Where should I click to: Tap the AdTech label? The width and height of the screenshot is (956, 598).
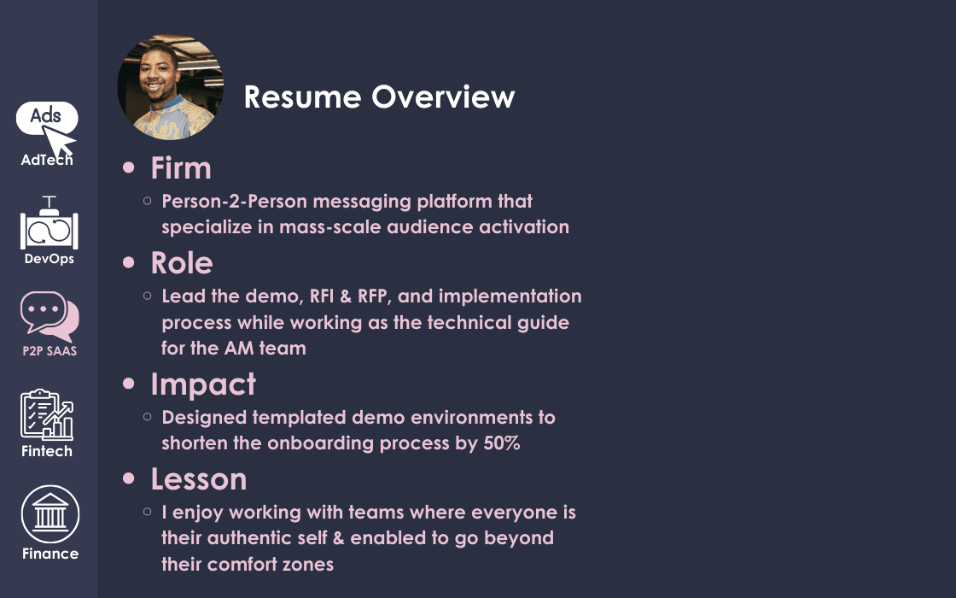coord(47,160)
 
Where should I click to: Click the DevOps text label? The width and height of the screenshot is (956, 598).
coord(50,259)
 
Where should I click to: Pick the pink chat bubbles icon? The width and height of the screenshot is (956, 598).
coord(50,316)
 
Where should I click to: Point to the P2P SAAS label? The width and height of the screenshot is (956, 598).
coord(50,351)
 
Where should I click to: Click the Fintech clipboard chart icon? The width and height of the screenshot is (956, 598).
coord(47,415)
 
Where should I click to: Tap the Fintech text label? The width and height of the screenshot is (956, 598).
coord(47,451)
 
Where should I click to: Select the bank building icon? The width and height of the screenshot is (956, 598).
coord(50,513)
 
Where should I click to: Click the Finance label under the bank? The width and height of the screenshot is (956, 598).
coord(50,554)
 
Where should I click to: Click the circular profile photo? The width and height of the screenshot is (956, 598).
coord(170,86)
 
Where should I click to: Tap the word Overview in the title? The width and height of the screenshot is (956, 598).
coord(443,97)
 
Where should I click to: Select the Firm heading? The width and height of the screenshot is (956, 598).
coord(181,167)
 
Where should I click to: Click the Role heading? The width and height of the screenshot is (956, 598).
coord(182,263)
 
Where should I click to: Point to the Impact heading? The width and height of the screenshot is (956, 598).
coord(203,385)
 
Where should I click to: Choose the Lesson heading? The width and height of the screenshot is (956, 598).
coord(199,479)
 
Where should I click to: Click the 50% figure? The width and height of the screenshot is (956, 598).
coord(502,443)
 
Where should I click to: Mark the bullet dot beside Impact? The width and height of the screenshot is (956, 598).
coord(128,384)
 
